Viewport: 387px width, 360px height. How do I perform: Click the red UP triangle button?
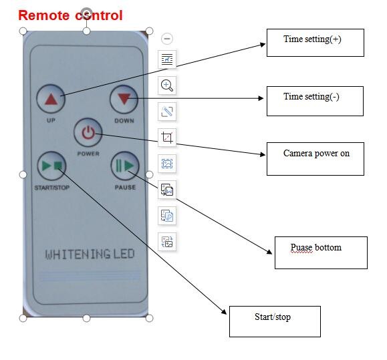[51, 99]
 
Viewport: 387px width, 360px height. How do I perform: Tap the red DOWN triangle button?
[124, 99]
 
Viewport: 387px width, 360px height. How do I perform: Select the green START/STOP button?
[51, 166]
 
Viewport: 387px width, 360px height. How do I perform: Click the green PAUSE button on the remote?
[125, 166]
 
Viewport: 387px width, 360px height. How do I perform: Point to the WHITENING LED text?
[90, 254]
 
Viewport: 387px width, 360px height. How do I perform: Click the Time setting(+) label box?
[315, 43]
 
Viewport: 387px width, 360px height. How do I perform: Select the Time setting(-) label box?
[315, 101]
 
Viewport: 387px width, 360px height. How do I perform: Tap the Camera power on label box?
[315, 159]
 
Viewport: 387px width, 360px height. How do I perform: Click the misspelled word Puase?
[301, 247]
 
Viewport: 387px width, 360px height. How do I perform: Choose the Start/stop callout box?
[275, 321]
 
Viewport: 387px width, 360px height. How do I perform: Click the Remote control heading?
[70, 15]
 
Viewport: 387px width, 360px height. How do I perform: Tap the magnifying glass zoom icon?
[167, 85]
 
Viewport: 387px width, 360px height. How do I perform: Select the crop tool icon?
[167, 138]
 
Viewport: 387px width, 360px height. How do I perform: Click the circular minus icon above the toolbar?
[167, 39]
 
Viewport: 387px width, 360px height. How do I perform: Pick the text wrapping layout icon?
[167, 59]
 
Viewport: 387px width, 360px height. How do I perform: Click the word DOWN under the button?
[124, 121]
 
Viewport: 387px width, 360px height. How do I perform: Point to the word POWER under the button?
[88, 154]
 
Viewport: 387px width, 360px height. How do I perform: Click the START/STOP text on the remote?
[52, 188]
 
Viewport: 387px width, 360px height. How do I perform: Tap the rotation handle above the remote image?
[86, 12]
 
